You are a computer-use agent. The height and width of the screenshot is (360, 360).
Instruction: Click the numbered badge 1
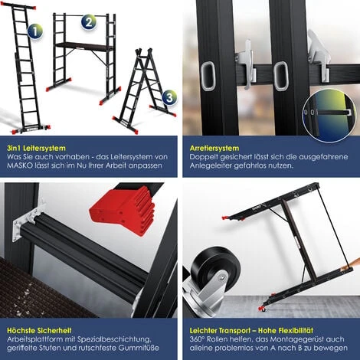[x=35, y=31]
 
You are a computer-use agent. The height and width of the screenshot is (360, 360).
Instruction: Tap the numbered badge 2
[x=89, y=22]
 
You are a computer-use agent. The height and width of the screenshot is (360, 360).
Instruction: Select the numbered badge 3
[x=169, y=97]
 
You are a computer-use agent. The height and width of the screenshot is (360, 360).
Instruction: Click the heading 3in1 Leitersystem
[x=36, y=148]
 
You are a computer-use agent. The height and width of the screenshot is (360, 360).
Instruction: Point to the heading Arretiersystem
[x=214, y=148]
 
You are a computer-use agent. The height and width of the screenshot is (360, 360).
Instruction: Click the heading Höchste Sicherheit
[x=39, y=331]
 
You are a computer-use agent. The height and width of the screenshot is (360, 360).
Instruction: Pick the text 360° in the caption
[x=197, y=339]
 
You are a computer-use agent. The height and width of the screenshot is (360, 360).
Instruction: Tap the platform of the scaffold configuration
[x=84, y=47]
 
